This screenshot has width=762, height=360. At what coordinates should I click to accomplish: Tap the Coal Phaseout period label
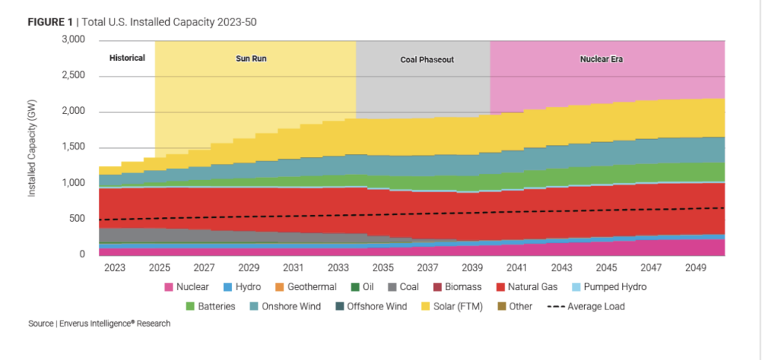(x=422, y=59)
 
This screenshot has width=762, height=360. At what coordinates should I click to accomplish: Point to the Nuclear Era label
(x=601, y=57)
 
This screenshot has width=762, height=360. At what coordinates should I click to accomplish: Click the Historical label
(x=127, y=57)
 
